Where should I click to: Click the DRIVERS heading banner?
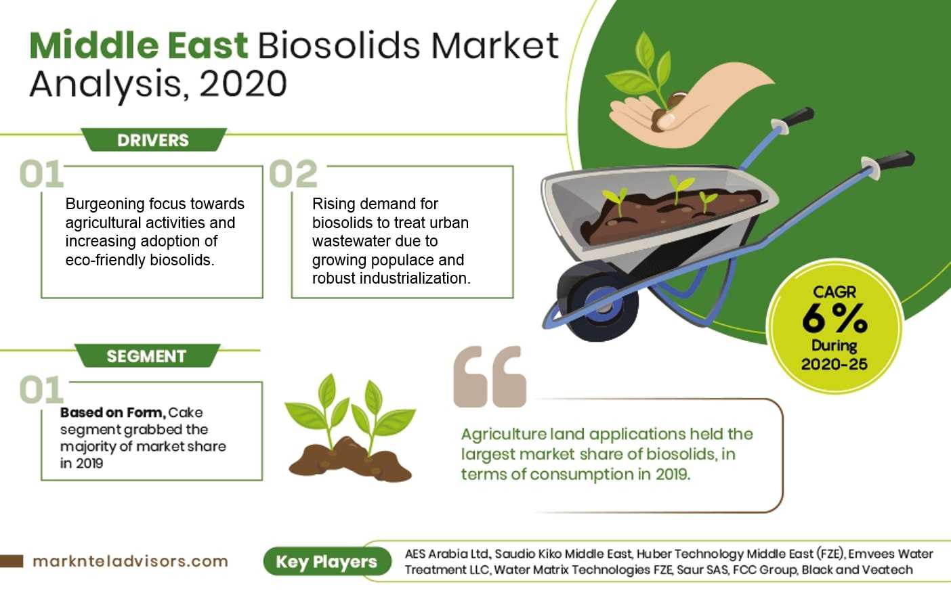[154, 139]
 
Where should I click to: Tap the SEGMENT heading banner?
[147, 355]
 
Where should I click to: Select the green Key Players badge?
[327, 561]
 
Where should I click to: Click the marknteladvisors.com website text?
[130, 561]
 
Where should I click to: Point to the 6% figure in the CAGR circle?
[834, 318]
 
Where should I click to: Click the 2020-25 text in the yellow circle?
[834, 364]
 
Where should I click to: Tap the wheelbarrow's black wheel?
[598, 301]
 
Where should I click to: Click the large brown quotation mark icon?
[490, 376]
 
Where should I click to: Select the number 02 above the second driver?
[293, 173]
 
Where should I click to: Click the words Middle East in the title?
[138, 45]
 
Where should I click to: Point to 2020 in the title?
[243, 84]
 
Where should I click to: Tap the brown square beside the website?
[12, 560]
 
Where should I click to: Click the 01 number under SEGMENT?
[41, 390]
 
